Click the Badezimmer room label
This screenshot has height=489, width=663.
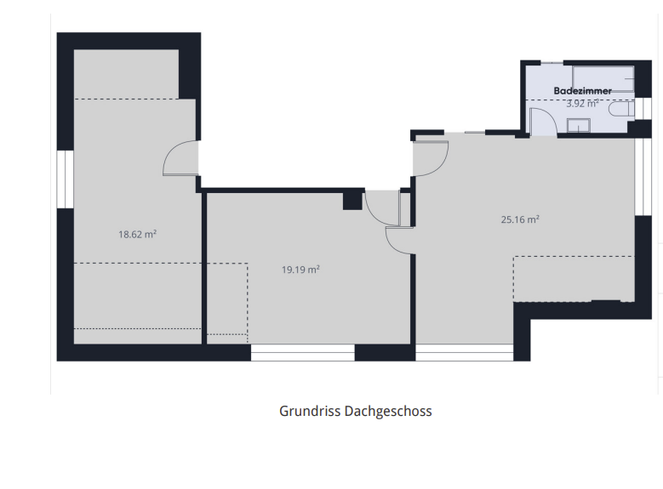point(582,91)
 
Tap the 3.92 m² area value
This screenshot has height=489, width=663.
point(582,104)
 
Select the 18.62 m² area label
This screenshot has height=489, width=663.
point(137,234)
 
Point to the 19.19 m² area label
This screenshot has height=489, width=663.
point(300,270)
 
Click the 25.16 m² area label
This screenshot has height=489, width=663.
point(520,219)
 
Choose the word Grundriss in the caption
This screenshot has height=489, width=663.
point(310,412)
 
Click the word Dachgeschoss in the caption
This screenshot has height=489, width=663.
point(388,412)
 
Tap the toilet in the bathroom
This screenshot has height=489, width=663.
point(621,110)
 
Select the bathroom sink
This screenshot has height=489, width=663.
point(579,126)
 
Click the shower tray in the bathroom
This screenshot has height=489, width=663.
point(603,78)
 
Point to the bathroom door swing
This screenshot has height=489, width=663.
point(543,122)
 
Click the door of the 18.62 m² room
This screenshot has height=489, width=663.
point(180,157)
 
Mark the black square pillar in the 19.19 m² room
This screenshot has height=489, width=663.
point(352,200)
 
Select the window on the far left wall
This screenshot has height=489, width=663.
point(66,179)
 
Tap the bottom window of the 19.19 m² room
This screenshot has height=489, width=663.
point(303,352)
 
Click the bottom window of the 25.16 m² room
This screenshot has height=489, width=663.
point(464,352)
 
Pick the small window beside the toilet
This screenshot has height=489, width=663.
point(643,109)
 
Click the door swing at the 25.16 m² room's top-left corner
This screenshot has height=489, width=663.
point(431,158)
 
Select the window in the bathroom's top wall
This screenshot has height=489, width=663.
point(552,63)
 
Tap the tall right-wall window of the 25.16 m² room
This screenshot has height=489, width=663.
point(643,177)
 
